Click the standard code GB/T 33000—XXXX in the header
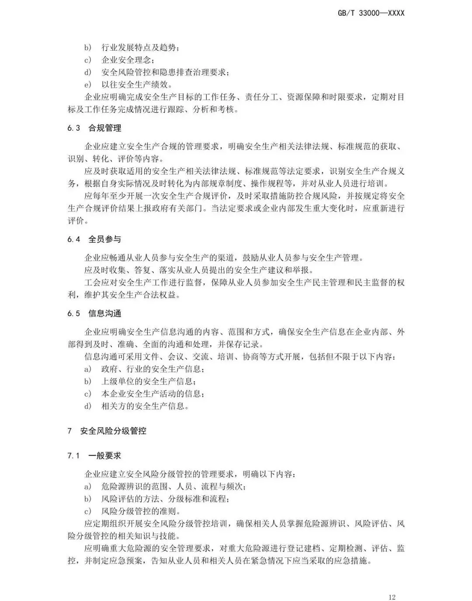point(371,13)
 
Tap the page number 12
point(392,585)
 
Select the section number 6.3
point(74,128)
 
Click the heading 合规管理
point(105,128)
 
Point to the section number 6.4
point(74,239)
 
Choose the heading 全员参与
point(105,239)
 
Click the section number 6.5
point(74,313)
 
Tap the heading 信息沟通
point(105,313)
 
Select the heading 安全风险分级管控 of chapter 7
point(113,431)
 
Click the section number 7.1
point(73,456)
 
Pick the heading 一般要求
point(105,456)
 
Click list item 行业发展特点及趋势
point(140,48)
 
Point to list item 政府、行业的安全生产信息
point(153,369)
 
